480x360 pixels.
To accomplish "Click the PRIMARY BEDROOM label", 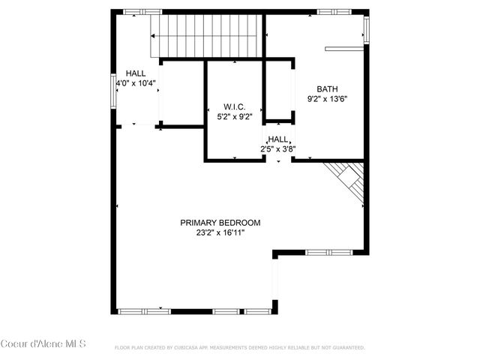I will pyautogui.click(x=220, y=223).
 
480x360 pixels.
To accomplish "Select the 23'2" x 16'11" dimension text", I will pyautogui.click(x=220, y=233).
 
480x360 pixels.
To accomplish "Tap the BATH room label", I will pyautogui.click(x=328, y=88).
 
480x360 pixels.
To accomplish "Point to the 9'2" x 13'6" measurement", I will pyautogui.click(x=328, y=98).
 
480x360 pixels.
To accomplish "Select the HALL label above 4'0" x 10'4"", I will pyautogui.click(x=136, y=73).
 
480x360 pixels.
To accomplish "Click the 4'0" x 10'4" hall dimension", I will pyautogui.click(x=136, y=83).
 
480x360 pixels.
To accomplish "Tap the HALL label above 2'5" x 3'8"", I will pyautogui.click(x=279, y=139).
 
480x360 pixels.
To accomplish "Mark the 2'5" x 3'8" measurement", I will pyautogui.click(x=278, y=148).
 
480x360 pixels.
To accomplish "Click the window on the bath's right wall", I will pyautogui.click(x=366, y=28).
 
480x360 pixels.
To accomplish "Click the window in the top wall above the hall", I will pyautogui.click(x=142, y=12).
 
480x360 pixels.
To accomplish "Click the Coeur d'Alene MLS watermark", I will pyautogui.click(x=43, y=344).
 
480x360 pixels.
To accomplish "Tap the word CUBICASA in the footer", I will pyautogui.click(x=192, y=348).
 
